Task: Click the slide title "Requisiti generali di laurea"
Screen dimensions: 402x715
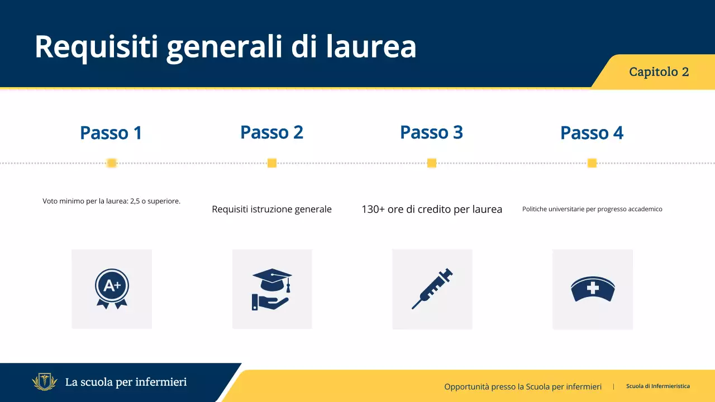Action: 225,47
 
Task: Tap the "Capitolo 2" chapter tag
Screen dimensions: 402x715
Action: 659,72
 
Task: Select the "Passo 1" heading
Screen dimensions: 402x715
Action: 111,133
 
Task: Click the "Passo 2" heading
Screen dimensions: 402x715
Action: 271,132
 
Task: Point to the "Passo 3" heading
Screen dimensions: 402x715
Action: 431,132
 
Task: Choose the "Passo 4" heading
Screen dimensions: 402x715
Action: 592,133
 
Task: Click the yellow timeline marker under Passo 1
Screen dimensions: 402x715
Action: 111,163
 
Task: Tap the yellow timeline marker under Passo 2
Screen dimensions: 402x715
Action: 272,163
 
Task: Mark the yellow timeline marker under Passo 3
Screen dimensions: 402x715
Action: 432,163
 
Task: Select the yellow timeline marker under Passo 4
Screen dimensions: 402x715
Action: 592,163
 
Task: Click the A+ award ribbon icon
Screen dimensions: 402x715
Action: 112,289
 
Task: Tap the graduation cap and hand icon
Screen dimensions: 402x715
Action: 271,289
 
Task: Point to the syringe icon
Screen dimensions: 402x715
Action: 432,289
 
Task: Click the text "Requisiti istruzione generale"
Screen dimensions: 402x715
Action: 271,209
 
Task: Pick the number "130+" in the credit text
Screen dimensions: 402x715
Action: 373,209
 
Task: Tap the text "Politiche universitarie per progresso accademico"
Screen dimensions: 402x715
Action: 592,209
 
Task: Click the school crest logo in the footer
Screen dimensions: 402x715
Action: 44,382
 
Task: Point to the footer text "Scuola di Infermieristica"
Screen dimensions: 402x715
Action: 657,386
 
